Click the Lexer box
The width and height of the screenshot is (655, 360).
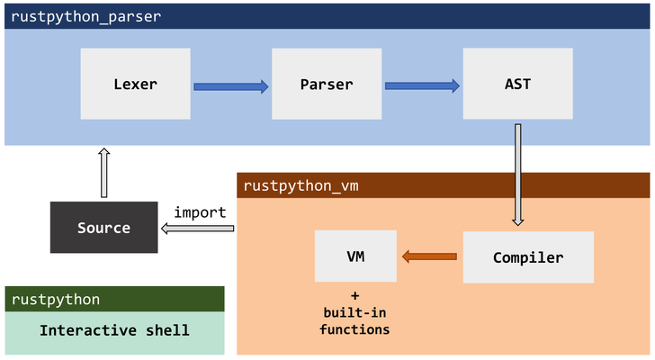(x=135, y=85)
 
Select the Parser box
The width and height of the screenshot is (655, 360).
(x=326, y=85)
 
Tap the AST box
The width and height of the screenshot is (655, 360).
(x=517, y=85)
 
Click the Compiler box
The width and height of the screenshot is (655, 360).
(x=528, y=257)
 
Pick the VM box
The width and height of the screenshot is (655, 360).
(x=354, y=256)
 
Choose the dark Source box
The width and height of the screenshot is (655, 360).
(x=103, y=228)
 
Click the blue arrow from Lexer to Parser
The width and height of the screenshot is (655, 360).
(x=230, y=86)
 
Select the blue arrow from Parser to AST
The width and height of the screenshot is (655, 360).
(x=422, y=86)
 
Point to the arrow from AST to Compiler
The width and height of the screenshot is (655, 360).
(x=518, y=175)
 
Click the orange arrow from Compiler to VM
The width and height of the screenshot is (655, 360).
(x=429, y=257)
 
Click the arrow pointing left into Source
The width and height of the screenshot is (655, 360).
(x=197, y=229)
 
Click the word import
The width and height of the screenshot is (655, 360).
(x=200, y=212)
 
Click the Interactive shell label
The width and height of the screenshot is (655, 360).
(x=114, y=330)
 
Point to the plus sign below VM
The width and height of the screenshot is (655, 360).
(x=354, y=296)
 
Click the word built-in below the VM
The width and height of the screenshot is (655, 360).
(x=354, y=312)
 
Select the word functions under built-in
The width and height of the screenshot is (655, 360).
(x=354, y=329)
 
